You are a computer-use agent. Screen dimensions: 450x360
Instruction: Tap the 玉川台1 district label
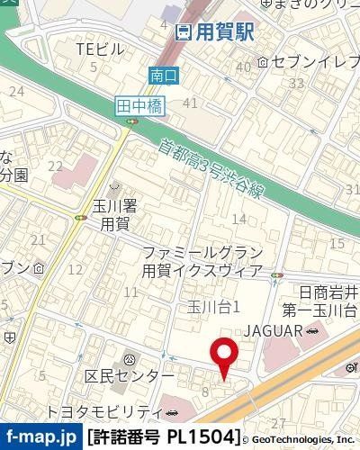[x=212, y=308]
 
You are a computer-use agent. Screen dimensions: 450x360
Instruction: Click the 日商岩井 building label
[x=328, y=292]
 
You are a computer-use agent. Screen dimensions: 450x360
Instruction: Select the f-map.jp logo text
[x=40, y=437]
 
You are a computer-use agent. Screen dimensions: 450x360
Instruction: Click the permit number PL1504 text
[x=163, y=437]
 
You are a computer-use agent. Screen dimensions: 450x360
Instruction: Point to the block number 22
[x=56, y=166]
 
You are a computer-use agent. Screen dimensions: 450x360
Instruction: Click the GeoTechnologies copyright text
[x=302, y=438]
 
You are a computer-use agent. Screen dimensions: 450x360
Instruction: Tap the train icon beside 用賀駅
[x=183, y=33]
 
